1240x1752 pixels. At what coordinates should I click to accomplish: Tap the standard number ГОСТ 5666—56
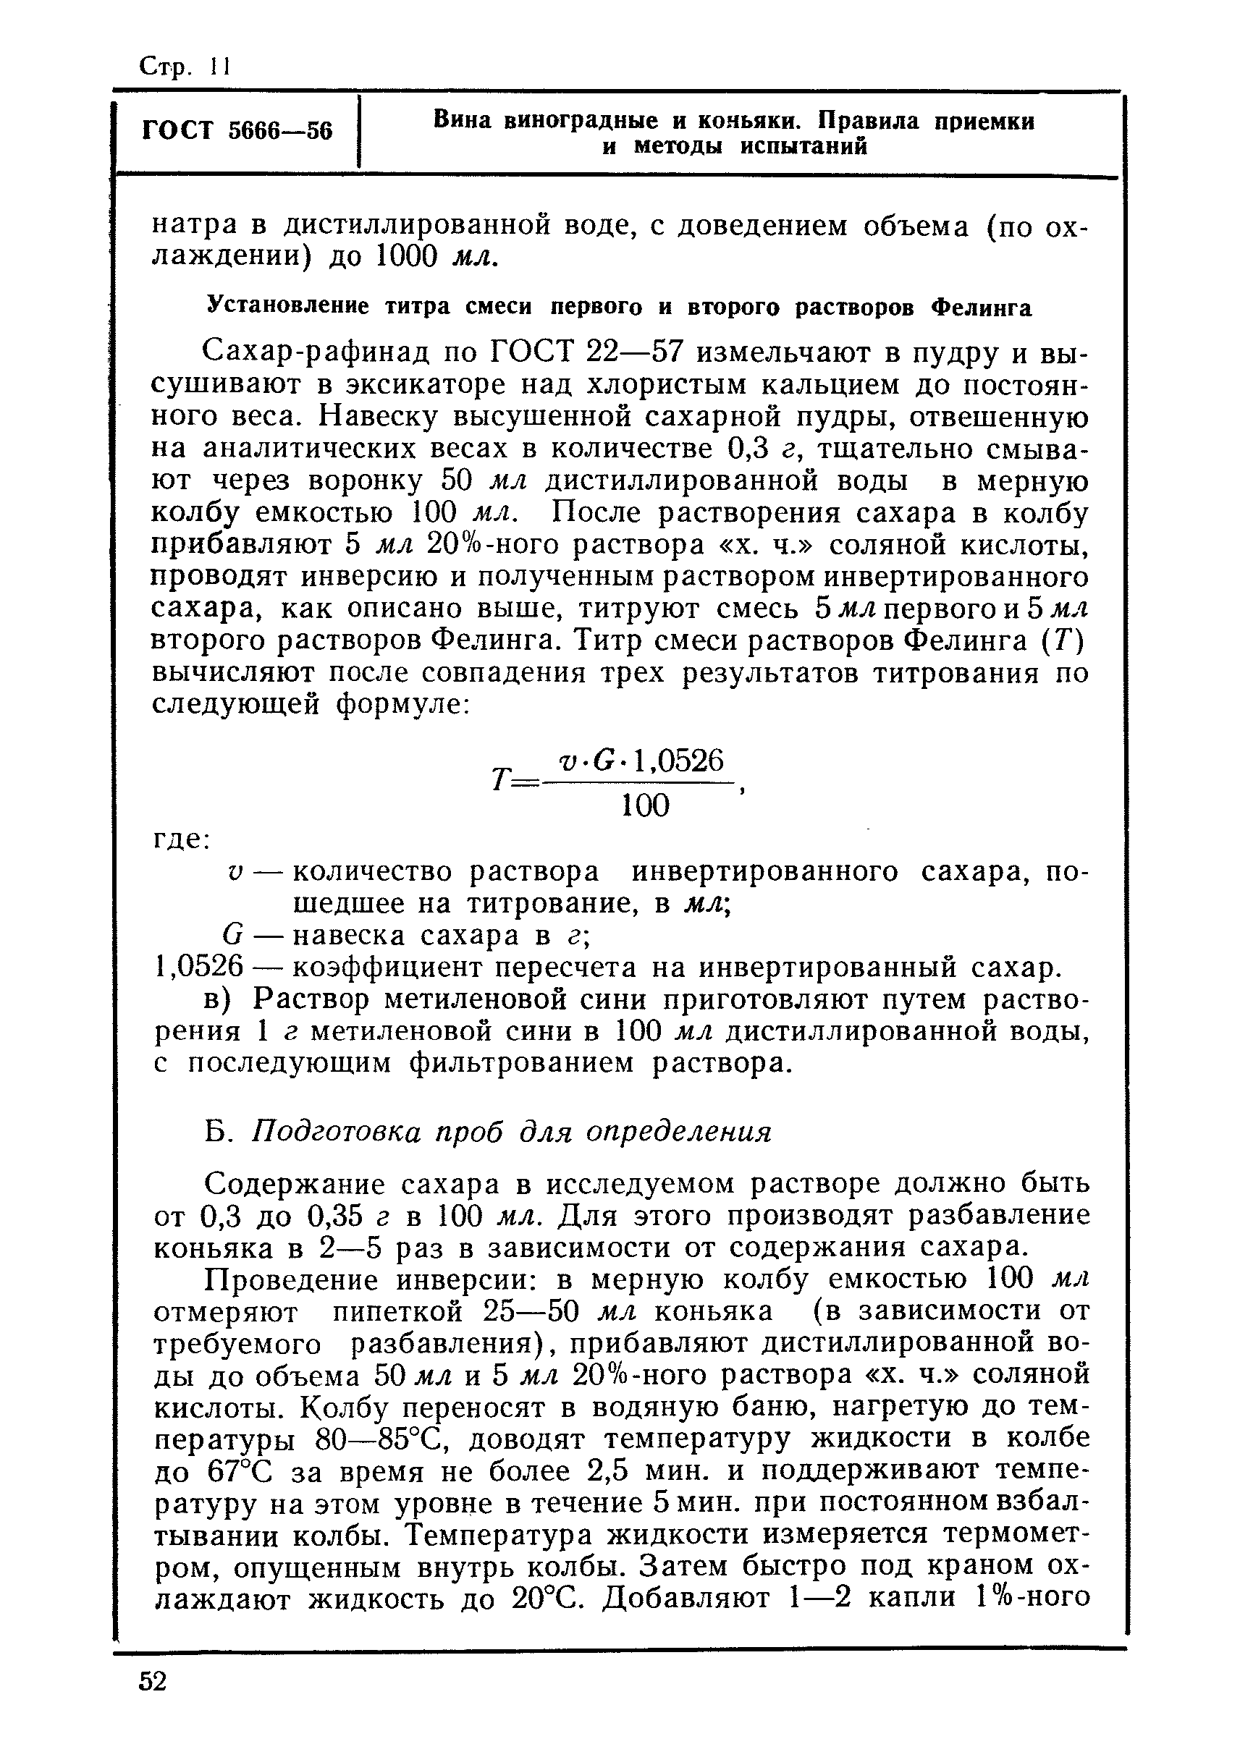pyautogui.click(x=237, y=130)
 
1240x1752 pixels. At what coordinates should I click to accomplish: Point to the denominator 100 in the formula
pyautogui.click(x=645, y=805)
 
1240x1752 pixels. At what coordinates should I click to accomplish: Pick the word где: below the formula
pyautogui.click(x=182, y=839)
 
